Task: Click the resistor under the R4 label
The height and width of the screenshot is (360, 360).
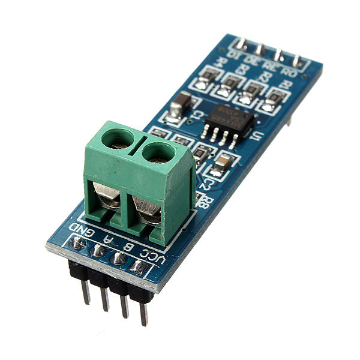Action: pos(208,76)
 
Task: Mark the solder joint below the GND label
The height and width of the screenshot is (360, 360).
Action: pos(77,244)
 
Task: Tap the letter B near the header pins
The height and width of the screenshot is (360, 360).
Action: pos(127,246)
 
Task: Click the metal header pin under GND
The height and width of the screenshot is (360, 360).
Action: pos(85,290)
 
